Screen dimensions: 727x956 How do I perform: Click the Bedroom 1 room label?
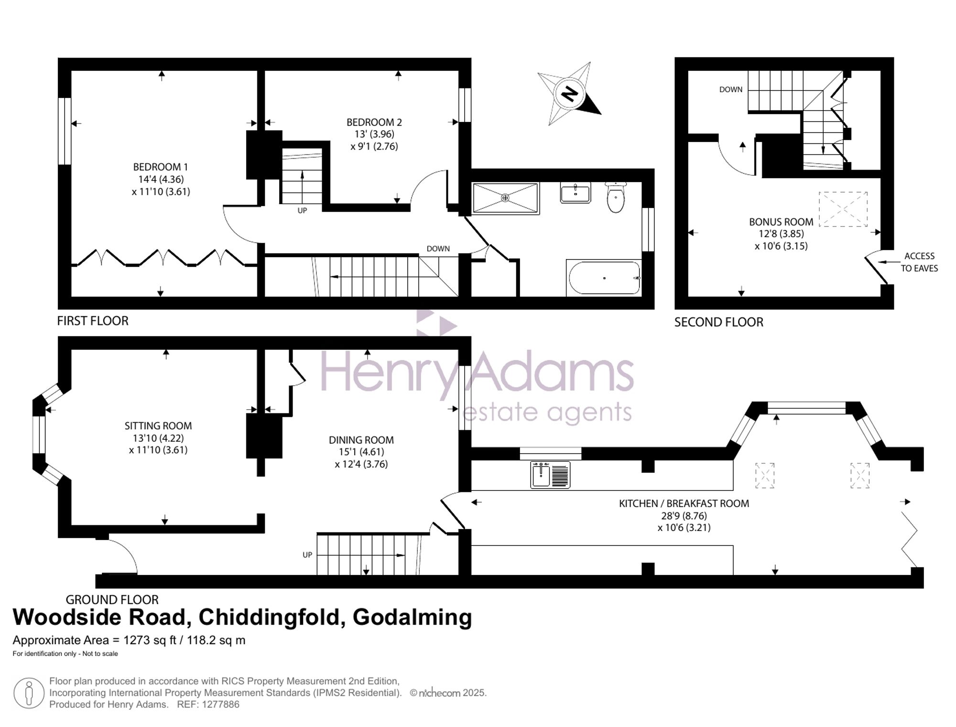point(160,167)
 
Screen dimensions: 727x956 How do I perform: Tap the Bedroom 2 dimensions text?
point(374,140)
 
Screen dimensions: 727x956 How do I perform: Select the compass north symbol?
point(569,94)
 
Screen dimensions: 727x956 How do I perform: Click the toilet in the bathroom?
point(616,197)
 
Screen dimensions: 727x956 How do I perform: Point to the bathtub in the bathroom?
point(604,278)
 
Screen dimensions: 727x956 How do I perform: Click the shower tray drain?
point(505,197)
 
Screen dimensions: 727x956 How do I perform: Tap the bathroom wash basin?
point(576,192)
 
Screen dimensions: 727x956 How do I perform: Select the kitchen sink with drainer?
point(550,475)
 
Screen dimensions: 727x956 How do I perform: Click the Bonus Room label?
point(781,222)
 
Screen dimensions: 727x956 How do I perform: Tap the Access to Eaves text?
point(919,262)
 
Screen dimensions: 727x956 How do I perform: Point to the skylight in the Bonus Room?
point(843,209)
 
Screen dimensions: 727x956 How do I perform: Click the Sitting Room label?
point(158,425)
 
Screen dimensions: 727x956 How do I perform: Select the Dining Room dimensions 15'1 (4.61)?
point(361,452)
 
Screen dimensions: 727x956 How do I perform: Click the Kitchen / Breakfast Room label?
point(684,503)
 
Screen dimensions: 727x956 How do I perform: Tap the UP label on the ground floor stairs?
point(307,554)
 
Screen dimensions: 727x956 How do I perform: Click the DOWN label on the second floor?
point(731,89)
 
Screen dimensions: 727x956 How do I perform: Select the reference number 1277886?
point(220,704)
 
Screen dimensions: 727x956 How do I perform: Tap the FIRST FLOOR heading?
point(93,321)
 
